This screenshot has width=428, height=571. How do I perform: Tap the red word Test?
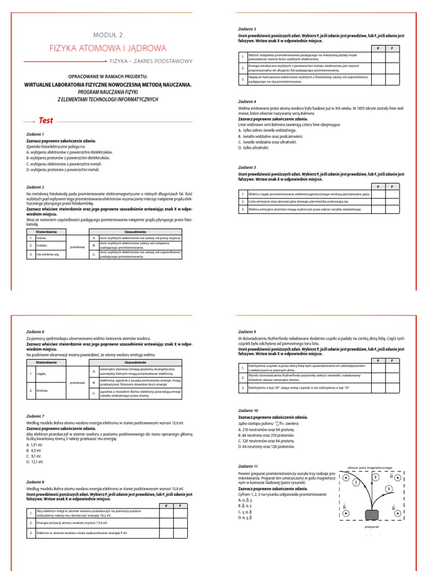(x=46, y=120)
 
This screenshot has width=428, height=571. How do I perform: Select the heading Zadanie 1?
(x=35, y=134)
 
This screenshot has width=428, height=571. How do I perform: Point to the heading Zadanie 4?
(x=247, y=102)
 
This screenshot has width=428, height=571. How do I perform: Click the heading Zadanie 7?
(x=35, y=416)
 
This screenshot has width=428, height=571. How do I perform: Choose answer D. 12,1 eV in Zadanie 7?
(x=35, y=461)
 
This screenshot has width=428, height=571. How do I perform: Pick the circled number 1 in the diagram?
(x=357, y=480)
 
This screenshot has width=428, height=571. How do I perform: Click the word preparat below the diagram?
(x=371, y=526)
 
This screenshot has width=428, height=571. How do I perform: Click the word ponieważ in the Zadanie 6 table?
(x=77, y=383)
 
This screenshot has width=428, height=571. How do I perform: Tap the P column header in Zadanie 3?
(x=378, y=49)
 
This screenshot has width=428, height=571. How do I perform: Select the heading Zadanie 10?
(x=248, y=410)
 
